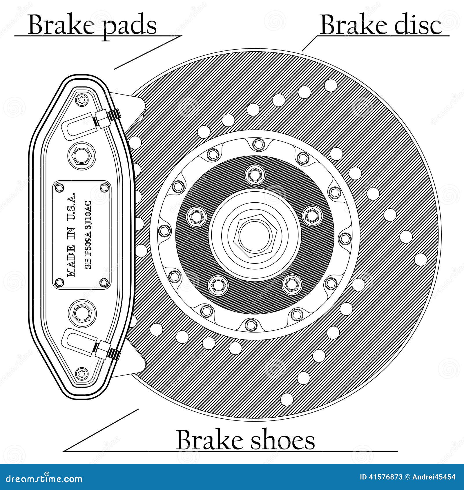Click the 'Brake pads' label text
pyautogui.click(x=92, y=26)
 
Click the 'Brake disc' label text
pyautogui.click(x=381, y=26)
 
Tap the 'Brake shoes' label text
pyautogui.click(x=245, y=440)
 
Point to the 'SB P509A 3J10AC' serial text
pyautogui.click(x=89, y=235)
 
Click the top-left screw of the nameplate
pyautogui.click(x=60, y=188)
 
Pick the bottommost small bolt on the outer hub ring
pyautogui.click(x=251, y=324)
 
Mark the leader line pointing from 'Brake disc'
pyautogui.click(x=310, y=43)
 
